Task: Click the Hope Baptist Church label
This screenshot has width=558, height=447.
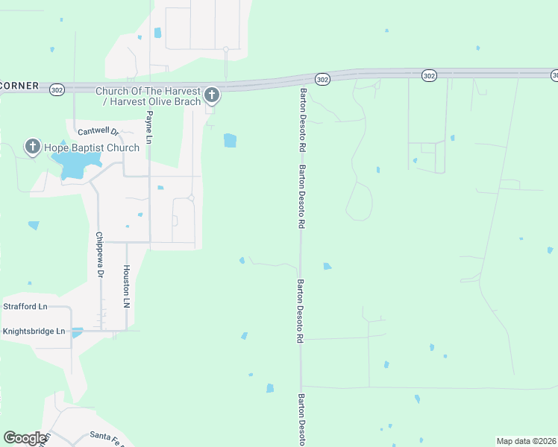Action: tap(92, 148)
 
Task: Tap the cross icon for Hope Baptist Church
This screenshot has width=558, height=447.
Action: tap(33, 147)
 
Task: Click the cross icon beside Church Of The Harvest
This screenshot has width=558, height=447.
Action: tap(212, 95)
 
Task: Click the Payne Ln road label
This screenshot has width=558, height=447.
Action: tap(149, 127)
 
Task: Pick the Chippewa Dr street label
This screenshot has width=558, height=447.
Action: tap(99, 254)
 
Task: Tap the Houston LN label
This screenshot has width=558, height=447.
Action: tap(127, 287)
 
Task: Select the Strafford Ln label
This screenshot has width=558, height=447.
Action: tap(25, 306)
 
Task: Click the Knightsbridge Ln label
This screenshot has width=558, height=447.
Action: tap(34, 331)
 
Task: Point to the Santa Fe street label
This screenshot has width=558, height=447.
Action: tap(105, 436)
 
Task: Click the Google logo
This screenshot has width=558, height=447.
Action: tap(25, 438)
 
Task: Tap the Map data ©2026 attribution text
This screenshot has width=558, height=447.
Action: tap(526, 441)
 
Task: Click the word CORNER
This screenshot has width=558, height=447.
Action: tap(19, 86)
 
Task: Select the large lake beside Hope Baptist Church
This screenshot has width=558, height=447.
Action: tap(73, 165)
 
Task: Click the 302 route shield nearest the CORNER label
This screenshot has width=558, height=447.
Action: tap(57, 88)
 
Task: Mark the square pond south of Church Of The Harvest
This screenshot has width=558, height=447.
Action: tap(230, 140)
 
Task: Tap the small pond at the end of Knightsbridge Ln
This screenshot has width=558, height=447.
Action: tap(78, 332)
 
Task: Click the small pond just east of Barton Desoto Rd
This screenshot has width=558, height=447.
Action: tap(327, 266)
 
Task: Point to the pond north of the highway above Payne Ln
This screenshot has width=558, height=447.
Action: tap(157, 33)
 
